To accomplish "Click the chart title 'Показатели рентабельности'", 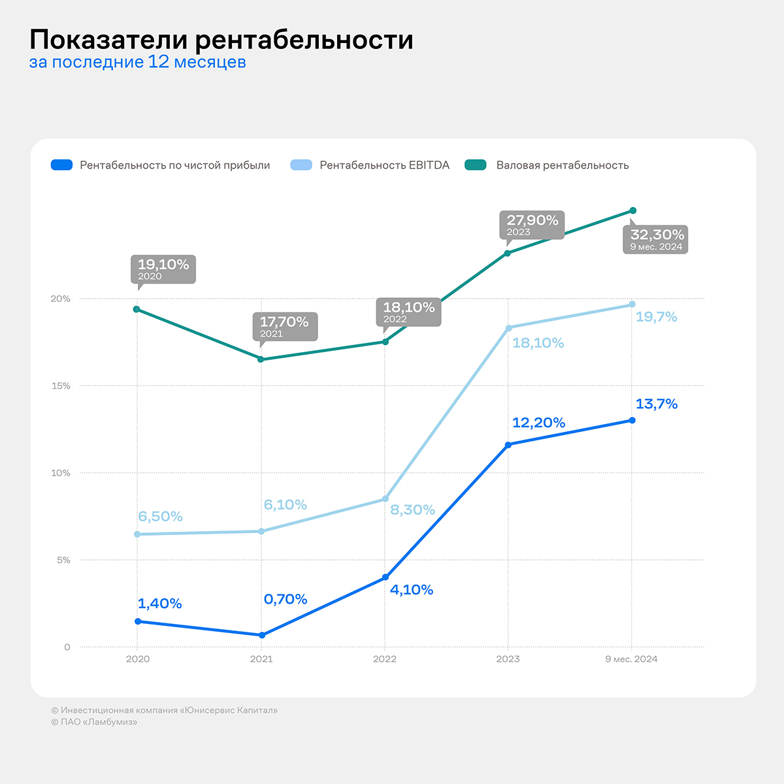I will click(x=221, y=40).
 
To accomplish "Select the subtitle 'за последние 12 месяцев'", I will click(x=137, y=63).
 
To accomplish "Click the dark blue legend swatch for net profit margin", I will click(x=61, y=165).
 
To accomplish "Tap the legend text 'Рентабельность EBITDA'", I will click(x=384, y=165).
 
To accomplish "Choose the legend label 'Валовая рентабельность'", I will click(x=562, y=165).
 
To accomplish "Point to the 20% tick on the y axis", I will click(x=61, y=299).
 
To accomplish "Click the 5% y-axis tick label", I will click(x=63, y=560).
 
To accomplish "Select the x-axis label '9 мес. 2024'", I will click(x=631, y=659).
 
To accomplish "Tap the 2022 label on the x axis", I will click(x=385, y=659).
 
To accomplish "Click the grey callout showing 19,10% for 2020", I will click(x=163, y=269).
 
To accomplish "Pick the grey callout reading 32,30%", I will click(x=656, y=239).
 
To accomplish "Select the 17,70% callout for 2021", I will click(x=284, y=326).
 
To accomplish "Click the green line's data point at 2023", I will click(x=508, y=253).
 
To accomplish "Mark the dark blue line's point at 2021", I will click(x=262, y=635).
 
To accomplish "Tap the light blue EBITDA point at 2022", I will click(x=385, y=499).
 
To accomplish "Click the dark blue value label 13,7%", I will click(x=656, y=404).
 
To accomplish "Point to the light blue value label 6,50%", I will click(x=160, y=516).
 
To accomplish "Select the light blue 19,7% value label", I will click(x=656, y=317).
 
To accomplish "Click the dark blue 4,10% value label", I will click(x=412, y=590).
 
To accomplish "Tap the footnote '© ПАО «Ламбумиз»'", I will click(x=94, y=722).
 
